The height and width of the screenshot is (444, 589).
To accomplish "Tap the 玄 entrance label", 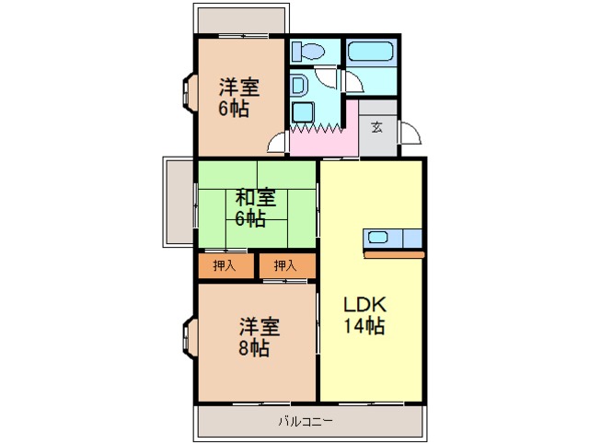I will click(x=377, y=127).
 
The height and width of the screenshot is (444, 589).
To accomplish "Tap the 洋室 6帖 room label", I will click(x=238, y=97).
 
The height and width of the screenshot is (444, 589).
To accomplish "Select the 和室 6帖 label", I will click(x=255, y=207).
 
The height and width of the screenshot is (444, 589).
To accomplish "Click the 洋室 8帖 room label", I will click(x=260, y=337).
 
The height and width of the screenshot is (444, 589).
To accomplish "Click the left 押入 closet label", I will click(x=224, y=266).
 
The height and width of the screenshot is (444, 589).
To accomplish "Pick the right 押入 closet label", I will click(x=284, y=266).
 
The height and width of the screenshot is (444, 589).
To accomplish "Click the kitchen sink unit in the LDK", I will click(x=393, y=237).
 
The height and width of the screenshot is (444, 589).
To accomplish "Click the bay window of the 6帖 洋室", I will click(x=188, y=94).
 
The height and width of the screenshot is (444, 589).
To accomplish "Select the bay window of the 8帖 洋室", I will click(x=188, y=336).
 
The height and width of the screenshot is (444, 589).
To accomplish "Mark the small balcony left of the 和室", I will click(x=178, y=201).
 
